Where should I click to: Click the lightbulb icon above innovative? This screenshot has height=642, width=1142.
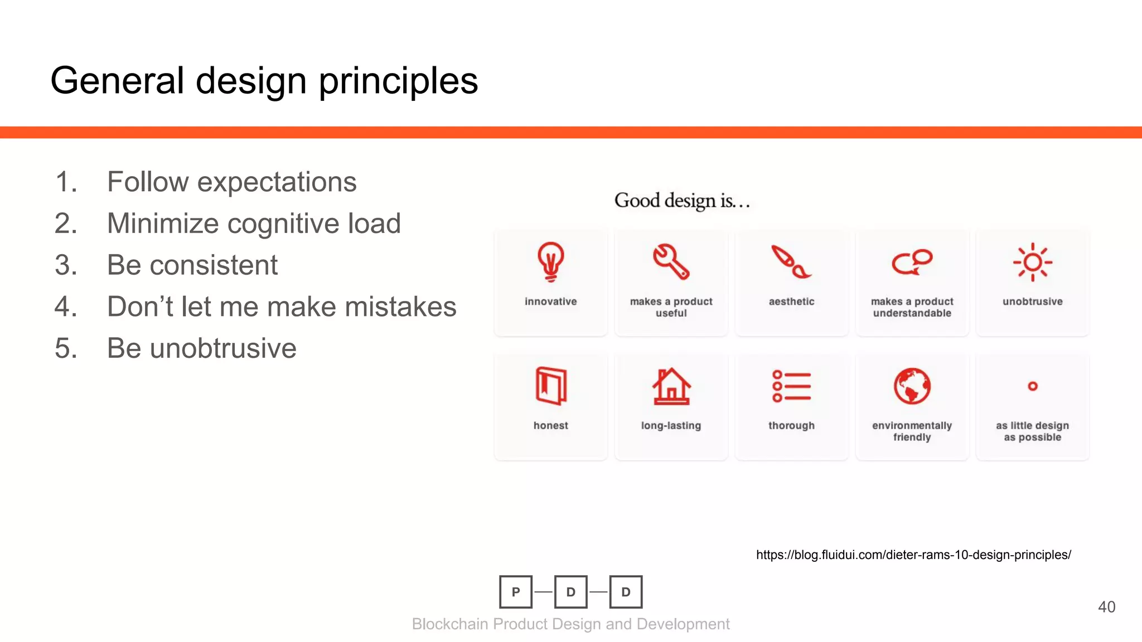tap(550, 261)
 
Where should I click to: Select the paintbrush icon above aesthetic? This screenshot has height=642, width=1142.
tap(791, 261)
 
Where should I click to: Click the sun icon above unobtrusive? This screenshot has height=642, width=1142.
tap(1032, 262)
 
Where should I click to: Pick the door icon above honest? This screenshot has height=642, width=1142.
tap(550, 385)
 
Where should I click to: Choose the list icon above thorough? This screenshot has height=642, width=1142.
tap(791, 386)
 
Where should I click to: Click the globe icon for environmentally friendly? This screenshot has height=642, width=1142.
tap(912, 386)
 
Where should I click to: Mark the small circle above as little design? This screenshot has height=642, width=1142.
tap(1032, 386)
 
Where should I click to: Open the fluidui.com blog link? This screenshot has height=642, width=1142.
tap(913, 555)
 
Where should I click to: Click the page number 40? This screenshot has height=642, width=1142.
tap(1106, 607)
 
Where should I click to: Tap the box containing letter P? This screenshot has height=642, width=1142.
tap(516, 592)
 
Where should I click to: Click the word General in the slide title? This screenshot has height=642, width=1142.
tap(117, 80)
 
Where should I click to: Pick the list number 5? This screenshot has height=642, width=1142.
tap(65, 348)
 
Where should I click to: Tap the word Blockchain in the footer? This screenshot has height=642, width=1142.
tap(450, 624)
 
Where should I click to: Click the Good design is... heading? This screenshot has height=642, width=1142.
tap(682, 201)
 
